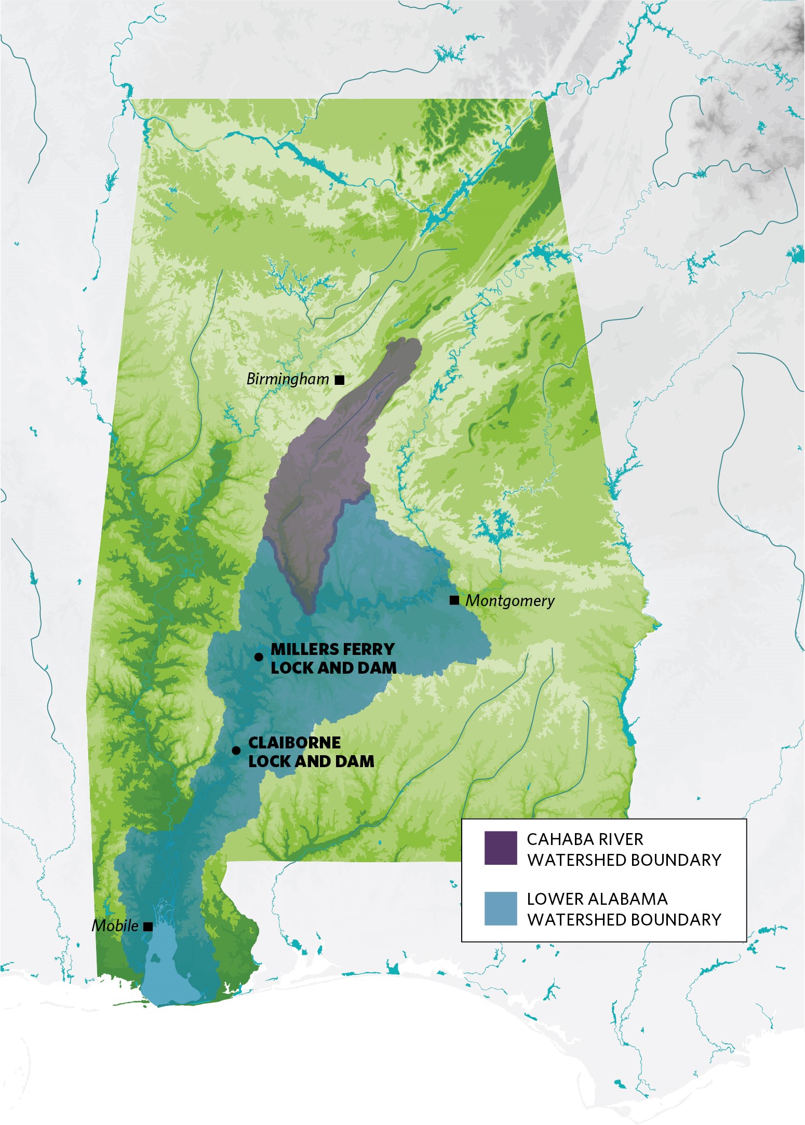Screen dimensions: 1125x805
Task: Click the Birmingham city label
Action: (287, 379)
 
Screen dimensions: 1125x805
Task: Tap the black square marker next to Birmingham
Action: (340, 380)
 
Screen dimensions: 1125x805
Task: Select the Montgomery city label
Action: (509, 601)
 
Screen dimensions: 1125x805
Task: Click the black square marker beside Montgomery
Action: (454, 601)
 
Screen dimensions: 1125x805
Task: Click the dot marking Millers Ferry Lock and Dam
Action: (259, 657)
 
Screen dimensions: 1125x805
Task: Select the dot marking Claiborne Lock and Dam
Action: (236, 751)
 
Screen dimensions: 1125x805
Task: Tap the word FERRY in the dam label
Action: (368, 649)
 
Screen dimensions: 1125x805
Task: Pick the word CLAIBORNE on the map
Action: (294, 743)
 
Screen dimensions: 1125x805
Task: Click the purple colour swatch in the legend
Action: (501, 848)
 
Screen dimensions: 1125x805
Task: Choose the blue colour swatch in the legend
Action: (501, 908)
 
